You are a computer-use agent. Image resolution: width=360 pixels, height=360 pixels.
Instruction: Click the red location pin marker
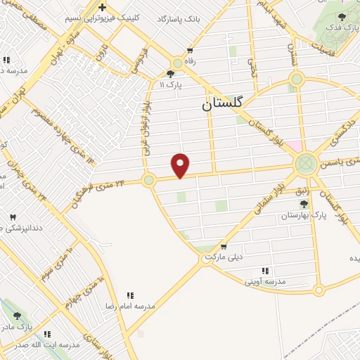tap(181, 165)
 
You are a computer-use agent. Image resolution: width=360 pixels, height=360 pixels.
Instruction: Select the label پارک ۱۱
tap(170, 84)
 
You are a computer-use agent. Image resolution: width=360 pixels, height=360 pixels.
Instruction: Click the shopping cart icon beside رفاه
tap(189, 51)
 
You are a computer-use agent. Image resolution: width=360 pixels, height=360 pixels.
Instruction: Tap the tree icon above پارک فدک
tap(342, 16)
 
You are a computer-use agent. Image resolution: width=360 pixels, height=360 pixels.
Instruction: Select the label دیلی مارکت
tap(224, 257)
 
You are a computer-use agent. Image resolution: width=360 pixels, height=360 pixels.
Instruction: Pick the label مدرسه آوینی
tap(265, 281)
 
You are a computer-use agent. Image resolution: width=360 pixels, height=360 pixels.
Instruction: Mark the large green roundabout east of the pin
tap(305, 164)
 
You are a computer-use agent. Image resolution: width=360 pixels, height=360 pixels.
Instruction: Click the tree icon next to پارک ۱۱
tap(170, 73)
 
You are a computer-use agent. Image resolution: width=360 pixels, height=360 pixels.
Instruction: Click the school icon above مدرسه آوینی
tap(265, 271)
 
